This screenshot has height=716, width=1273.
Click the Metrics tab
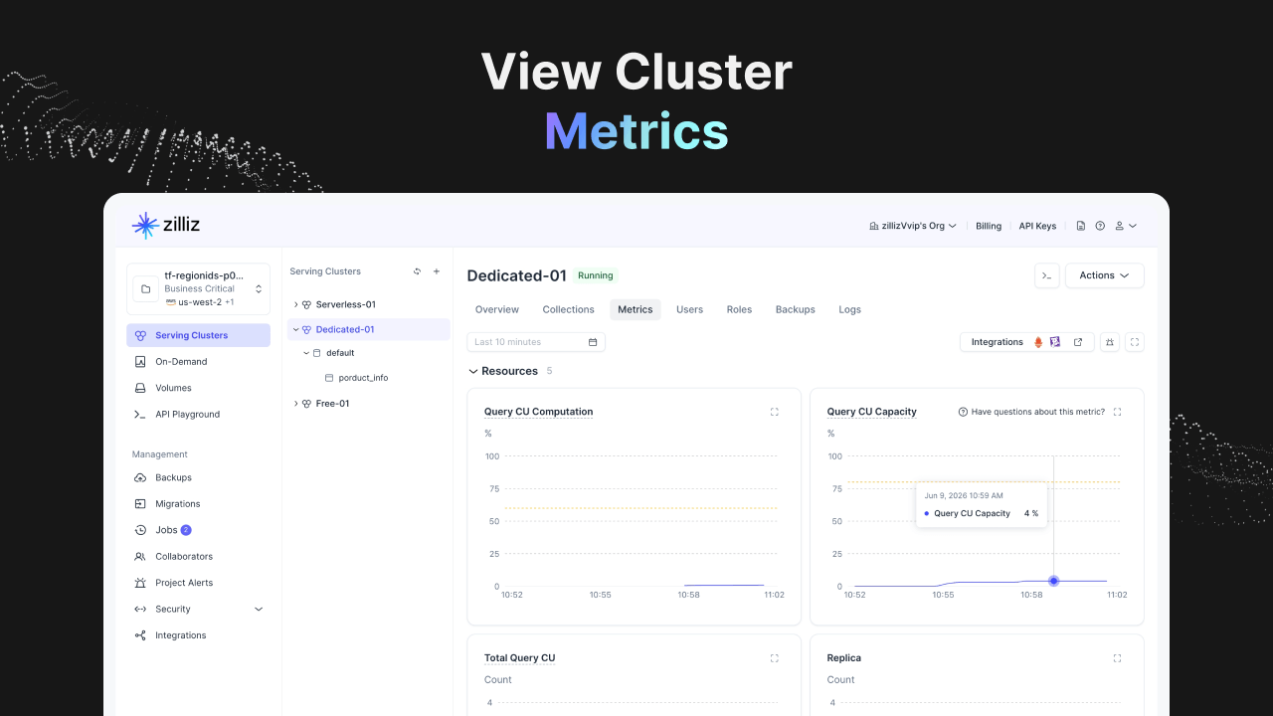pyautogui.click(x=635, y=309)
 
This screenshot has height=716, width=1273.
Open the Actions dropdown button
pyautogui.click(x=1104, y=275)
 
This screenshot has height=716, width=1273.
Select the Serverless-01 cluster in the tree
pyautogui.click(x=345, y=304)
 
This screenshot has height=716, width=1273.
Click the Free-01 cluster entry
pyautogui.click(x=332, y=404)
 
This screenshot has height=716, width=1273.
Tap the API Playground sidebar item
pyautogui.click(x=187, y=415)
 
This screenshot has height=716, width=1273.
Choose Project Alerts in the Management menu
pyautogui.click(x=184, y=583)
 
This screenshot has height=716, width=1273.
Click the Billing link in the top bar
pyautogui.click(x=989, y=226)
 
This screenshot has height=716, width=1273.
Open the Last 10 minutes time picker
pyautogui.click(x=536, y=342)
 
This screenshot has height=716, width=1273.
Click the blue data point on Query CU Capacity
pyautogui.click(x=1053, y=581)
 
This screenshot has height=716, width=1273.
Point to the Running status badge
pyautogui.click(x=595, y=275)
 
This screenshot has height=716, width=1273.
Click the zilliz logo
pyautogui.click(x=166, y=225)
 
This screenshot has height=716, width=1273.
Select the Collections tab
pyautogui.click(x=568, y=309)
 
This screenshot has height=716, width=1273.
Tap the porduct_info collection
pyautogui.click(x=363, y=378)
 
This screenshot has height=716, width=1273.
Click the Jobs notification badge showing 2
pyautogui.click(x=186, y=530)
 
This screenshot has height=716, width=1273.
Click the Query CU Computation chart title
pyautogui.click(x=538, y=412)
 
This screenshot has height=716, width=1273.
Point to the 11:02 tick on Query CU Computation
pyautogui.click(x=774, y=595)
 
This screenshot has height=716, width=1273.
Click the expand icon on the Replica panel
pyautogui.click(x=1117, y=658)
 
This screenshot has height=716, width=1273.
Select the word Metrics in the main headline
pyautogui.click(x=636, y=132)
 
